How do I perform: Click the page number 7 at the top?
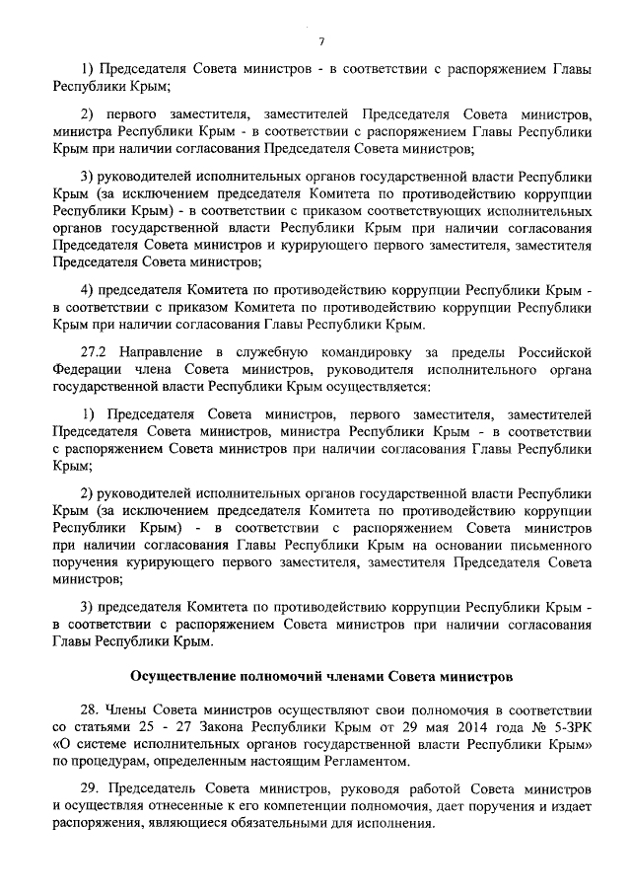321,39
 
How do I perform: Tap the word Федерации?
87,370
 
